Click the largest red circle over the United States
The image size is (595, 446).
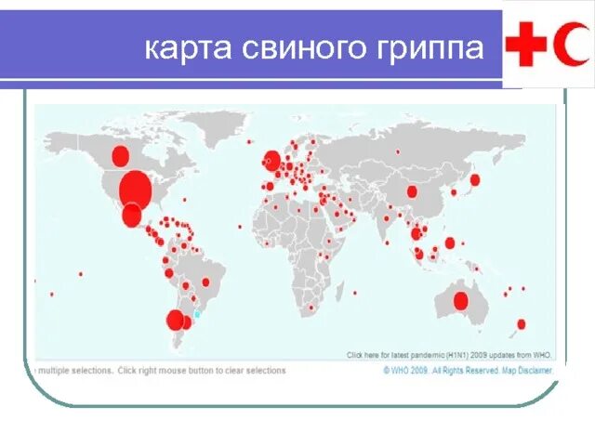pos(135,189)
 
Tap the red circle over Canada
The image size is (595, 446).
pos(119,155)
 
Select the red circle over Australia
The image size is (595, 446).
pos(460,301)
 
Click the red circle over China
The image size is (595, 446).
pos(412,191)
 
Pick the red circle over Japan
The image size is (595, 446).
pos(474,180)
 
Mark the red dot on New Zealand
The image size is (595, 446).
pos(521,324)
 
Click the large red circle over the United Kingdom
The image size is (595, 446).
pos(271,162)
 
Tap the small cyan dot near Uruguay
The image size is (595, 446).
pos(197,315)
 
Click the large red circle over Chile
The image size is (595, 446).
pos(175,321)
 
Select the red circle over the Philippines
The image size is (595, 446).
pos(450,243)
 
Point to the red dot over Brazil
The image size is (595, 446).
pos(205,282)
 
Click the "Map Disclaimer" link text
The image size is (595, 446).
pos(531,370)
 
